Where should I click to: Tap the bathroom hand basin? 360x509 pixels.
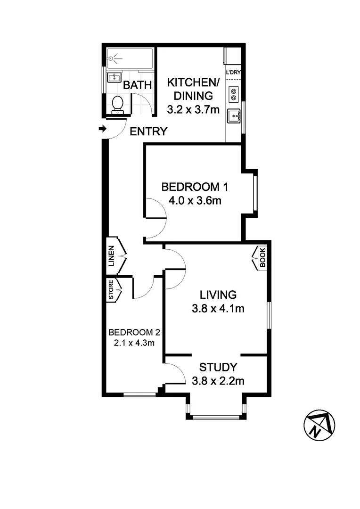[x=113, y=77]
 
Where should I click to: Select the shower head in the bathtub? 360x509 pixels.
[x=111, y=59]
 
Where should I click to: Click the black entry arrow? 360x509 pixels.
[x=102, y=128]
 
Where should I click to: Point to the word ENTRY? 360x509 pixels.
[x=148, y=131]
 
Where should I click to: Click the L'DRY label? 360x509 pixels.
[x=233, y=73]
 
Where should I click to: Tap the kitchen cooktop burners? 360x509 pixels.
[x=233, y=94]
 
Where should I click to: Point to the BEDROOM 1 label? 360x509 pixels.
[x=195, y=186]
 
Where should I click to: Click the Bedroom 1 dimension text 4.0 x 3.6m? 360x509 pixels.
[x=195, y=201]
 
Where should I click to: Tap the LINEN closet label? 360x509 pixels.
[x=112, y=256]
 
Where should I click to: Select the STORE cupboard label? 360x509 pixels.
[x=111, y=290]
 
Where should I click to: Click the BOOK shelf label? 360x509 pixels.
[x=262, y=258]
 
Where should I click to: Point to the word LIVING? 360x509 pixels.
[x=218, y=295]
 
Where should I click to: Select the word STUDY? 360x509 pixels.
[x=218, y=367]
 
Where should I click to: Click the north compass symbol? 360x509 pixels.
[x=319, y=424]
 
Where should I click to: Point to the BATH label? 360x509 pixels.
[x=137, y=85]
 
